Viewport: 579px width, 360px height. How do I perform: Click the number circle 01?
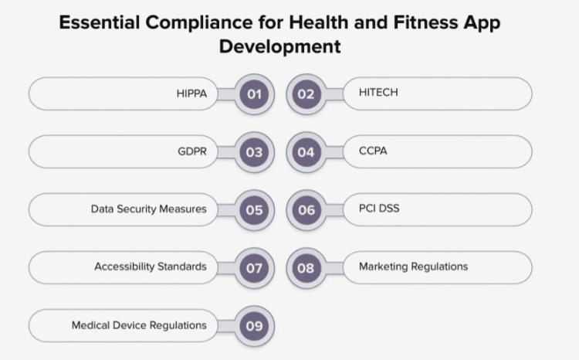point(254,94)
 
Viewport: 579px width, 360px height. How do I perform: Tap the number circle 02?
point(306,94)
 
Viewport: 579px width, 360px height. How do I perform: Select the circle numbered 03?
point(254,152)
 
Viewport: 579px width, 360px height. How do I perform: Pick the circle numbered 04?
point(306,152)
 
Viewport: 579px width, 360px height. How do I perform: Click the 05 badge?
point(254,210)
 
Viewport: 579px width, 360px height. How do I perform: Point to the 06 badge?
point(306,210)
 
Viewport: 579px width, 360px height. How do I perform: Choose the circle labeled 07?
point(254,268)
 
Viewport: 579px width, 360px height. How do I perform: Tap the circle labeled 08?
point(306,268)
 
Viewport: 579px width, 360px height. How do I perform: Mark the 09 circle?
point(254,326)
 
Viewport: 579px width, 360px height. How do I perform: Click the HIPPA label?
point(191,94)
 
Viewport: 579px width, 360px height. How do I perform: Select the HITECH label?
point(378,93)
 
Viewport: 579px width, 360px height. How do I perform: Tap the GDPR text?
point(191,151)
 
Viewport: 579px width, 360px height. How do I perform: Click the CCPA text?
point(373,151)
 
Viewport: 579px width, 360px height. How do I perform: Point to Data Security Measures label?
point(148,209)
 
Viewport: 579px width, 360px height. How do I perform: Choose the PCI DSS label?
point(379,209)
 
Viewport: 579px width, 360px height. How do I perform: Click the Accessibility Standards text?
point(151,267)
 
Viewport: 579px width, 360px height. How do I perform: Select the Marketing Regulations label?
point(413,267)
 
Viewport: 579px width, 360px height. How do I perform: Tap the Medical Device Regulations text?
point(139,325)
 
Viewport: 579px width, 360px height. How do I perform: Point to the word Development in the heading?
point(279,46)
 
